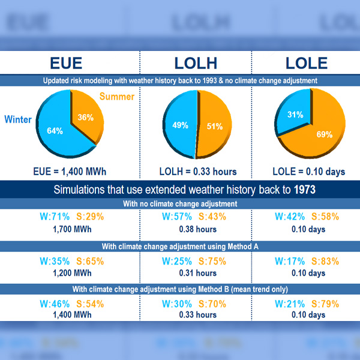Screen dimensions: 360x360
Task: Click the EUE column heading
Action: [x=65, y=64]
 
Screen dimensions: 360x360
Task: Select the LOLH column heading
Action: [x=196, y=64]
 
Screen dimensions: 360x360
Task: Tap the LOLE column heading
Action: [x=307, y=64]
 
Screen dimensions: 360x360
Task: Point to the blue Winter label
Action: [x=18, y=119]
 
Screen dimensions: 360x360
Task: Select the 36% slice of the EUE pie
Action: [x=85, y=118]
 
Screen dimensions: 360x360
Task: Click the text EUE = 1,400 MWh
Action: [x=70, y=172]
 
